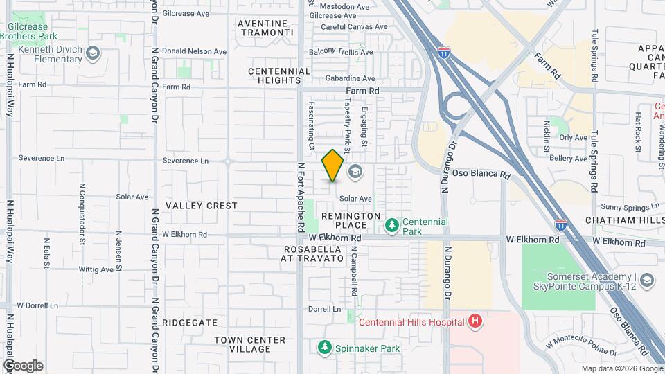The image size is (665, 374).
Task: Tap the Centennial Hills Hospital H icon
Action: pos(475,321)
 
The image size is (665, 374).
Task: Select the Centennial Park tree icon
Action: pos(392,226)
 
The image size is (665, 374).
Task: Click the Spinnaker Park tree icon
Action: pos(323,347)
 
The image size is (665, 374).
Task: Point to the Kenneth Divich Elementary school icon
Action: pos(93,53)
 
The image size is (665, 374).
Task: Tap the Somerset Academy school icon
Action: pos(647,280)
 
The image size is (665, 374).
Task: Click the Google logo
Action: pos(23,366)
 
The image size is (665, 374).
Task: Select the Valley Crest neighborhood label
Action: pos(202,206)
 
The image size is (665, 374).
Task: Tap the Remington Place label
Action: pos(351,220)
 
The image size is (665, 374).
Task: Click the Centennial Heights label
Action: pos(280,75)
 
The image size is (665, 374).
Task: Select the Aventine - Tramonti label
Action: pos(266,28)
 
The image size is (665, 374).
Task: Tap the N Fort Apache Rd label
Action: pos(301,197)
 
